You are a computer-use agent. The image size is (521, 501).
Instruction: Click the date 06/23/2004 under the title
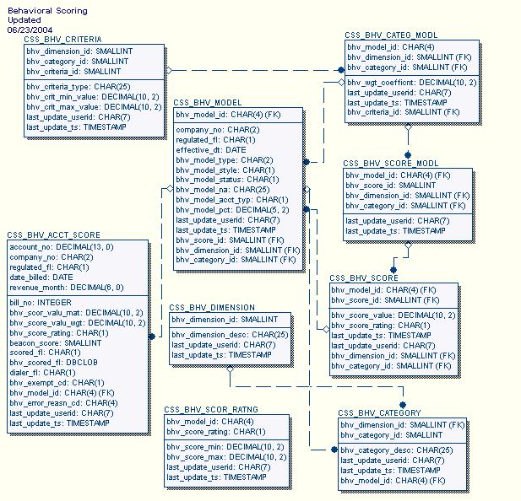(27, 29)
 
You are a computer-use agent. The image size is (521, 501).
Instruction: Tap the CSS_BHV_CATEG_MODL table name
(391, 35)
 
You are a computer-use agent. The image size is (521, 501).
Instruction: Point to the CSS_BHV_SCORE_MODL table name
(391, 163)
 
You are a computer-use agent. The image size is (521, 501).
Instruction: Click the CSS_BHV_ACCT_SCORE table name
(53, 235)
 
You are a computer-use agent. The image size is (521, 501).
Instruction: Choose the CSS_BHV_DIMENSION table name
(212, 308)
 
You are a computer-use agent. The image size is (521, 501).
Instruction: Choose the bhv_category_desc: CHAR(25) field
(397, 450)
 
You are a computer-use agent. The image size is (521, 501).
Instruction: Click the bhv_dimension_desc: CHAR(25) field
(230, 335)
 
